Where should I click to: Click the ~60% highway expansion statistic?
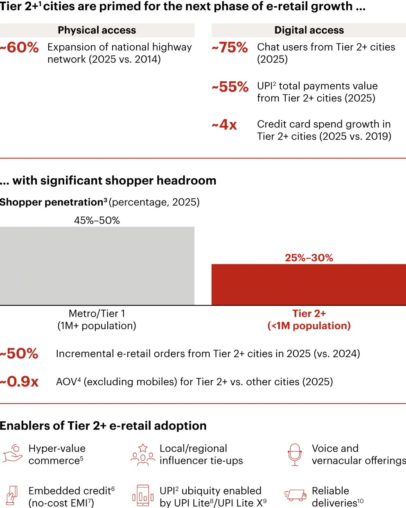click(20, 47)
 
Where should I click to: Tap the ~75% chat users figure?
click(230, 47)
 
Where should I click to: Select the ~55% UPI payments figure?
click(230, 87)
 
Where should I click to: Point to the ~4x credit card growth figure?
click(224, 124)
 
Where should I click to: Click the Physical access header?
click(97, 30)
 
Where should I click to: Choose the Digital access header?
click(309, 30)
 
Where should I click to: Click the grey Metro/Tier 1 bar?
click(97, 266)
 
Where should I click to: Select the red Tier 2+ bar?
click(309, 285)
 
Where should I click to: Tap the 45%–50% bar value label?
click(97, 220)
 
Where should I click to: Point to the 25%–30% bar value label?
click(309, 258)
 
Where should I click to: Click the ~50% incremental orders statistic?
click(19, 353)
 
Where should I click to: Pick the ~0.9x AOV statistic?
click(19, 382)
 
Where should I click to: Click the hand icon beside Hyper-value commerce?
click(12, 454)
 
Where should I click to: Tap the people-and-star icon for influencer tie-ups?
click(143, 454)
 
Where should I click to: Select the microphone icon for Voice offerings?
click(295, 454)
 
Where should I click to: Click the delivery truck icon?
click(295, 495)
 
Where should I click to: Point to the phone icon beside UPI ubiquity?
click(143, 496)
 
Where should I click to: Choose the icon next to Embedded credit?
click(12, 496)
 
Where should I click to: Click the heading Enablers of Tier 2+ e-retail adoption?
click(103, 426)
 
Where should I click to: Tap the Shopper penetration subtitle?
click(100, 202)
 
